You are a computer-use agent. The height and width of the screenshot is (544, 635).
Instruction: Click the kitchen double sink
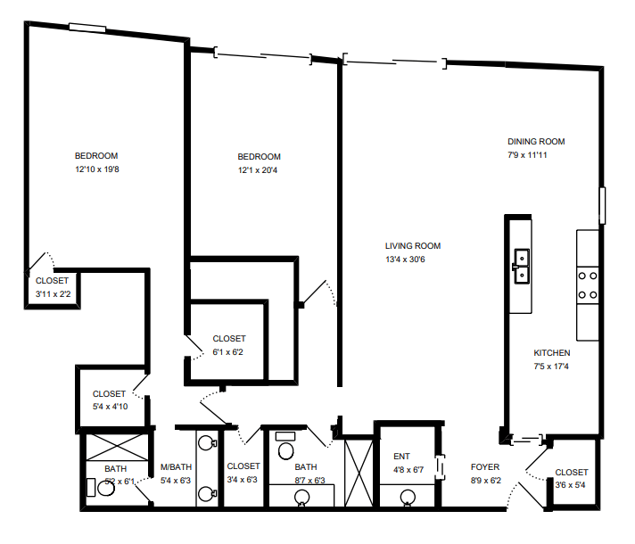tap(521, 265)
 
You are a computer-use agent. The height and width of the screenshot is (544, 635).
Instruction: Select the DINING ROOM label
tap(536, 142)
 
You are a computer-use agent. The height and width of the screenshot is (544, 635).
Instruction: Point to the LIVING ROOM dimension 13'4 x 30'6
tap(412, 260)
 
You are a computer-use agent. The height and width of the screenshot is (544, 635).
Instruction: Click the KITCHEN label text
tap(552, 353)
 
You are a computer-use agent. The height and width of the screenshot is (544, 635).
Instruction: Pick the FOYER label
tap(485, 467)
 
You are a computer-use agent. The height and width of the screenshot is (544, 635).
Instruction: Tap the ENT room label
tap(401, 457)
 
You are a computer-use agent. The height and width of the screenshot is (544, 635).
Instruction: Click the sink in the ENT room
tap(408, 497)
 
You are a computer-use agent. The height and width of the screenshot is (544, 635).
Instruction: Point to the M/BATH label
tap(176, 467)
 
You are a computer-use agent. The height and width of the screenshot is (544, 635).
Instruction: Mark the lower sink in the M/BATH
tap(207, 492)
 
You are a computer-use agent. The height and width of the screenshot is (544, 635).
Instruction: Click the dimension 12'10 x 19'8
tap(97, 169)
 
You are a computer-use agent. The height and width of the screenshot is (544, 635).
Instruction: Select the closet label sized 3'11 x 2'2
tap(52, 293)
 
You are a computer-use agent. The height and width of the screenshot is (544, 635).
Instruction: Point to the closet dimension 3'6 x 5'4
tap(571, 486)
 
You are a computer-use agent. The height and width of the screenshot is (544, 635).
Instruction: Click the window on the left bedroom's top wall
tap(87, 27)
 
